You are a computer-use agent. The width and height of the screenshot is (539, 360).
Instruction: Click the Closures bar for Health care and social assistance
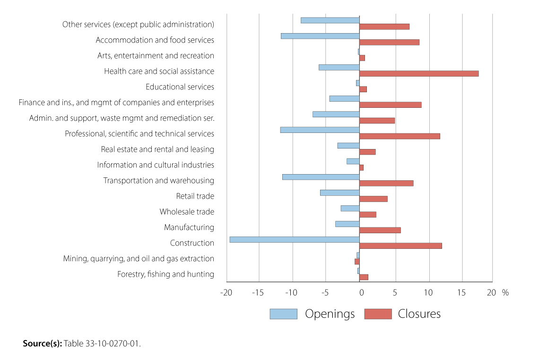pyautogui.click(x=419, y=73)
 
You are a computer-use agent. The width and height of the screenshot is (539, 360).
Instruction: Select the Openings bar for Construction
pyautogui.click(x=294, y=239)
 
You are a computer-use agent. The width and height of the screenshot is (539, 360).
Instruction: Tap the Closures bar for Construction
pyautogui.click(x=400, y=246)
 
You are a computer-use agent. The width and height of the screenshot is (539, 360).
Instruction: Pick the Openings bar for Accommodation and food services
pyautogui.click(x=320, y=36)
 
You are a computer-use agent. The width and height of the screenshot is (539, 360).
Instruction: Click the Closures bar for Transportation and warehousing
pyautogui.click(x=386, y=183)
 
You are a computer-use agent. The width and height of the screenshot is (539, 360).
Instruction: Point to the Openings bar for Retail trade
pyautogui.click(x=339, y=193)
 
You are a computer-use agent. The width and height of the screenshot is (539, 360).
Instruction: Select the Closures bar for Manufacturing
pyautogui.click(x=380, y=230)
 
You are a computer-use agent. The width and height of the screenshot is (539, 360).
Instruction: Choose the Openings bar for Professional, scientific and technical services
pyautogui.click(x=320, y=130)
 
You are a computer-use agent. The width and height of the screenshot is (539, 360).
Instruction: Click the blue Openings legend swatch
pyautogui.click(x=283, y=314)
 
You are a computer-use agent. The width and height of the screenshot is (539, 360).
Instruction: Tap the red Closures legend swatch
pyautogui.click(x=378, y=314)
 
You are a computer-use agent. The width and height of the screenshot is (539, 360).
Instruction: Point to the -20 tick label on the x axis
pyautogui.click(x=226, y=292)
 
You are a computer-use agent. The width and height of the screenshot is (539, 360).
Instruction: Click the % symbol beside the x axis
pyautogui.click(x=505, y=292)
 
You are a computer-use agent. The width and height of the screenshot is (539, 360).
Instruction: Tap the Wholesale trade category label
pyautogui.click(x=186, y=211)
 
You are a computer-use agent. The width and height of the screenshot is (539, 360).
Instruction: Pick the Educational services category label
pyautogui.click(x=180, y=87)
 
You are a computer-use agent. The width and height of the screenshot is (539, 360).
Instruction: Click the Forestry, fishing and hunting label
pyautogui.click(x=165, y=274)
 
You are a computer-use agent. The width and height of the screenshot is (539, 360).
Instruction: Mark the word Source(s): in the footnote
pyautogui.click(x=42, y=343)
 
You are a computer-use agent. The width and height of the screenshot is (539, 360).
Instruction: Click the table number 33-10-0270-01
pyautogui.click(x=112, y=343)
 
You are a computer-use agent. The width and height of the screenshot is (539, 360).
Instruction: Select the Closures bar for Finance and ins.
pyautogui.click(x=390, y=105)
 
